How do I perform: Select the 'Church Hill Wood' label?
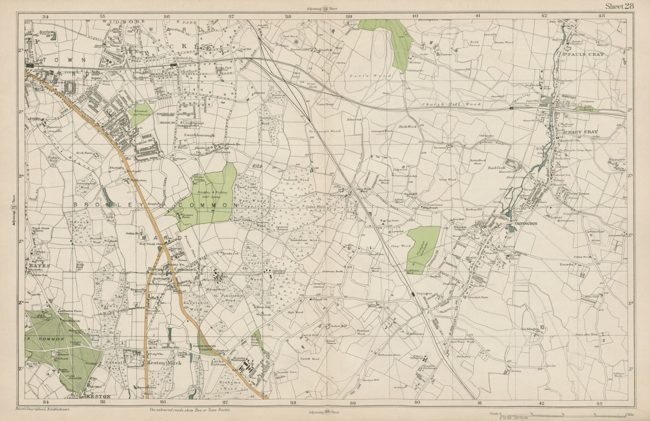pyautogui.click(x=451, y=104)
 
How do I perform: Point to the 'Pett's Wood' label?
pyautogui.click(x=369, y=76)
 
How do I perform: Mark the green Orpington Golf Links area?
pyautogui.click(x=423, y=249)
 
